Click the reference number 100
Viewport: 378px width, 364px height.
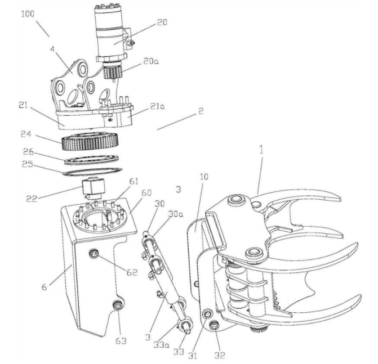28,14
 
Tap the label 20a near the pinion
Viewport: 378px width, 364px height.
151,62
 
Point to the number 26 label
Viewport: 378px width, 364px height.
28,152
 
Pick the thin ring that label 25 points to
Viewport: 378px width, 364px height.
92,172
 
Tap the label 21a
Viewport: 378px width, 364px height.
157,106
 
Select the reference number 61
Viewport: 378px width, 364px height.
134,182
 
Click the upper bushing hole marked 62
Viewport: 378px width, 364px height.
94,253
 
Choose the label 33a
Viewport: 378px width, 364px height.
161,345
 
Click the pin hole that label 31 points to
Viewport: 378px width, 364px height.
207,314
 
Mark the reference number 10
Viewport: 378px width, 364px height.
204,177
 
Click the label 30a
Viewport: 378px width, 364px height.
176,214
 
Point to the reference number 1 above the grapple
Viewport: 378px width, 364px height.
261,150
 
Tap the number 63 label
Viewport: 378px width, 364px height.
121,340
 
